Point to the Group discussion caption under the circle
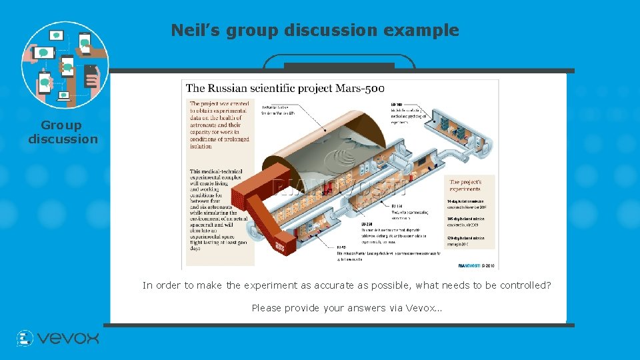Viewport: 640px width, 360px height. (x=63, y=132)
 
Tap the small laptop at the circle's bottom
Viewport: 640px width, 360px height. (x=64, y=96)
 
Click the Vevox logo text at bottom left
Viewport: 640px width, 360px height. (x=68, y=339)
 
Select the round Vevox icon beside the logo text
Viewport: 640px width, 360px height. (x=25, y=339)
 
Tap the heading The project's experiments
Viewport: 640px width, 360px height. (x=465, y=185)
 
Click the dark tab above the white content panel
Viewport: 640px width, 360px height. (x=339, y=65)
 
